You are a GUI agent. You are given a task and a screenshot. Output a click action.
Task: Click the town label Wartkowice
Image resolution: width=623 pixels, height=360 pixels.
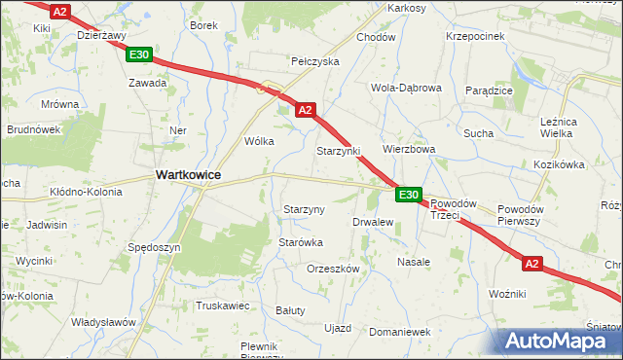pos(188,174)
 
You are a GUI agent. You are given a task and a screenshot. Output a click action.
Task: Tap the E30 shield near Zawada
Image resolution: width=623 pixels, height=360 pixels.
pos(138,55)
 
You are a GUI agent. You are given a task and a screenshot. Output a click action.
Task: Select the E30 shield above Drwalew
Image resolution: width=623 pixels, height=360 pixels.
pos(409,196)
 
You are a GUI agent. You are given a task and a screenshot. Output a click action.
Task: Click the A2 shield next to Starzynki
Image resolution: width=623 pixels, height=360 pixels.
pos(306,110)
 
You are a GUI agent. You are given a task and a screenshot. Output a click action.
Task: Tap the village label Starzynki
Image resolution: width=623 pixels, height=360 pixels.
pos(339,152)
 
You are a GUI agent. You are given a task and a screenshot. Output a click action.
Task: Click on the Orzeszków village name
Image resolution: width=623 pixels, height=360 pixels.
pos(334,268)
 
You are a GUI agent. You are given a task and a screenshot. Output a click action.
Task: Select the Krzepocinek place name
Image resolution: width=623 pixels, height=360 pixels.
pos(475,36)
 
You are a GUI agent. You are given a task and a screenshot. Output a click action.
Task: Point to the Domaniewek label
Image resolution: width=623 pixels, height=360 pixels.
pos(400,332)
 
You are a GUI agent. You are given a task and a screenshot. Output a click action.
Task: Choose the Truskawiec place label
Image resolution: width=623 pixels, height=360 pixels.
pos(224,305)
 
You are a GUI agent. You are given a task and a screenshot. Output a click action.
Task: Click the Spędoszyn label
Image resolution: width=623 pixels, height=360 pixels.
pos(155,247)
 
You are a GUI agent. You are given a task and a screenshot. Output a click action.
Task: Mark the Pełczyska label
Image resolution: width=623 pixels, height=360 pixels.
pos(315,60)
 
